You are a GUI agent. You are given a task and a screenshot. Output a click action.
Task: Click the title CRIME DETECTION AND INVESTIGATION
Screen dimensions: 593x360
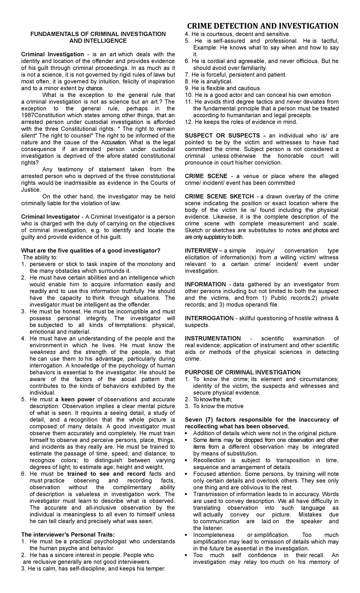262,26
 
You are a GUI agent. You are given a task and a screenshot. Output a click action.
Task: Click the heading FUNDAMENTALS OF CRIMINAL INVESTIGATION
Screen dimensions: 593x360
98,34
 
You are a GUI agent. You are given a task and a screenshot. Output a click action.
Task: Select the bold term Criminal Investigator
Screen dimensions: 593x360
50,217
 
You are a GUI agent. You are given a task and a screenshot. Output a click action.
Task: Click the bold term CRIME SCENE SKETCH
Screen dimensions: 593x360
219,197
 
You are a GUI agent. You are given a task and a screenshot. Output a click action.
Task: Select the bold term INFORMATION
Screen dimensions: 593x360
205,284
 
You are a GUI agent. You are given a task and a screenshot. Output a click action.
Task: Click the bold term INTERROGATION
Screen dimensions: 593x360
209,318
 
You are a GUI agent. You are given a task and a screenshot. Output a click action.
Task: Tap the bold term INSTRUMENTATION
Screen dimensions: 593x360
213,339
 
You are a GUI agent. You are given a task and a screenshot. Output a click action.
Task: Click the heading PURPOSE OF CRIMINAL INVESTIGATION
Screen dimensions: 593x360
242,372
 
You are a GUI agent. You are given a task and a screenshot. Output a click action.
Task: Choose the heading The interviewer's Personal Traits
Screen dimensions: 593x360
68,535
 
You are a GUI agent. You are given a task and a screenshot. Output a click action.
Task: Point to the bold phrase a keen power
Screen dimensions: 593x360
75,399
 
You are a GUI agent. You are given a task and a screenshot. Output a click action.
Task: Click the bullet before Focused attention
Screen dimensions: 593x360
187,474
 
